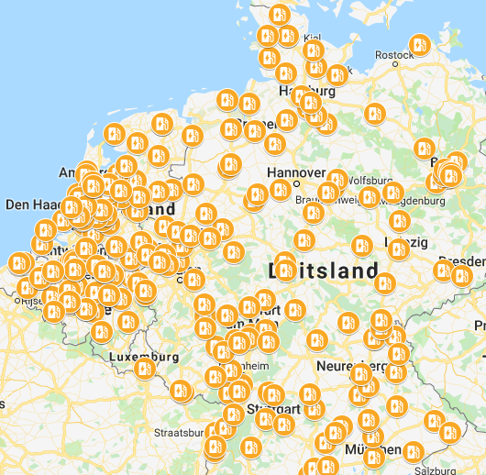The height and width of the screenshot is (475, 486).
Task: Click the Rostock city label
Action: [x=393, y=55]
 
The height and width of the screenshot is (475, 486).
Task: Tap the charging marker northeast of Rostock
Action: [x=419, y=44]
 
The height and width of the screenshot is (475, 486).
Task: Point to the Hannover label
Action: [x=295, y=172]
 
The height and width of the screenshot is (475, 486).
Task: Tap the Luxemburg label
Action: [x=143, y=355]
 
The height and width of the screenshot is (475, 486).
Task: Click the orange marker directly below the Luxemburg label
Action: [x=144, y=370]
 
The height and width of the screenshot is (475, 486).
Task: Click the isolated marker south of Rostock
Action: [x=374, y=114]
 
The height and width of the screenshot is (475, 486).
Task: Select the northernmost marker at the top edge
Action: [x=279, y=14]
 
